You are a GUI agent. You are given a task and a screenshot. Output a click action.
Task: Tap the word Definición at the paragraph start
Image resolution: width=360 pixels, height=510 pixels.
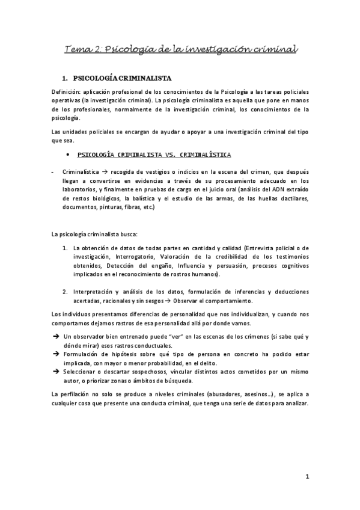click(x=67, y=91)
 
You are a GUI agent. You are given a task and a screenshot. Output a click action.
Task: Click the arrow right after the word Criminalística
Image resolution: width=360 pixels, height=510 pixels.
click(x=105, y=171)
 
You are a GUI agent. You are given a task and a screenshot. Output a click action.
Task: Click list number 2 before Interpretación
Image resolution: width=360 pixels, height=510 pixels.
click(x=65, y=292)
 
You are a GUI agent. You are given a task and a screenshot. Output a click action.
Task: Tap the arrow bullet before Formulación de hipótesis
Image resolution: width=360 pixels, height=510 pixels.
click(x=55, y=355)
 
